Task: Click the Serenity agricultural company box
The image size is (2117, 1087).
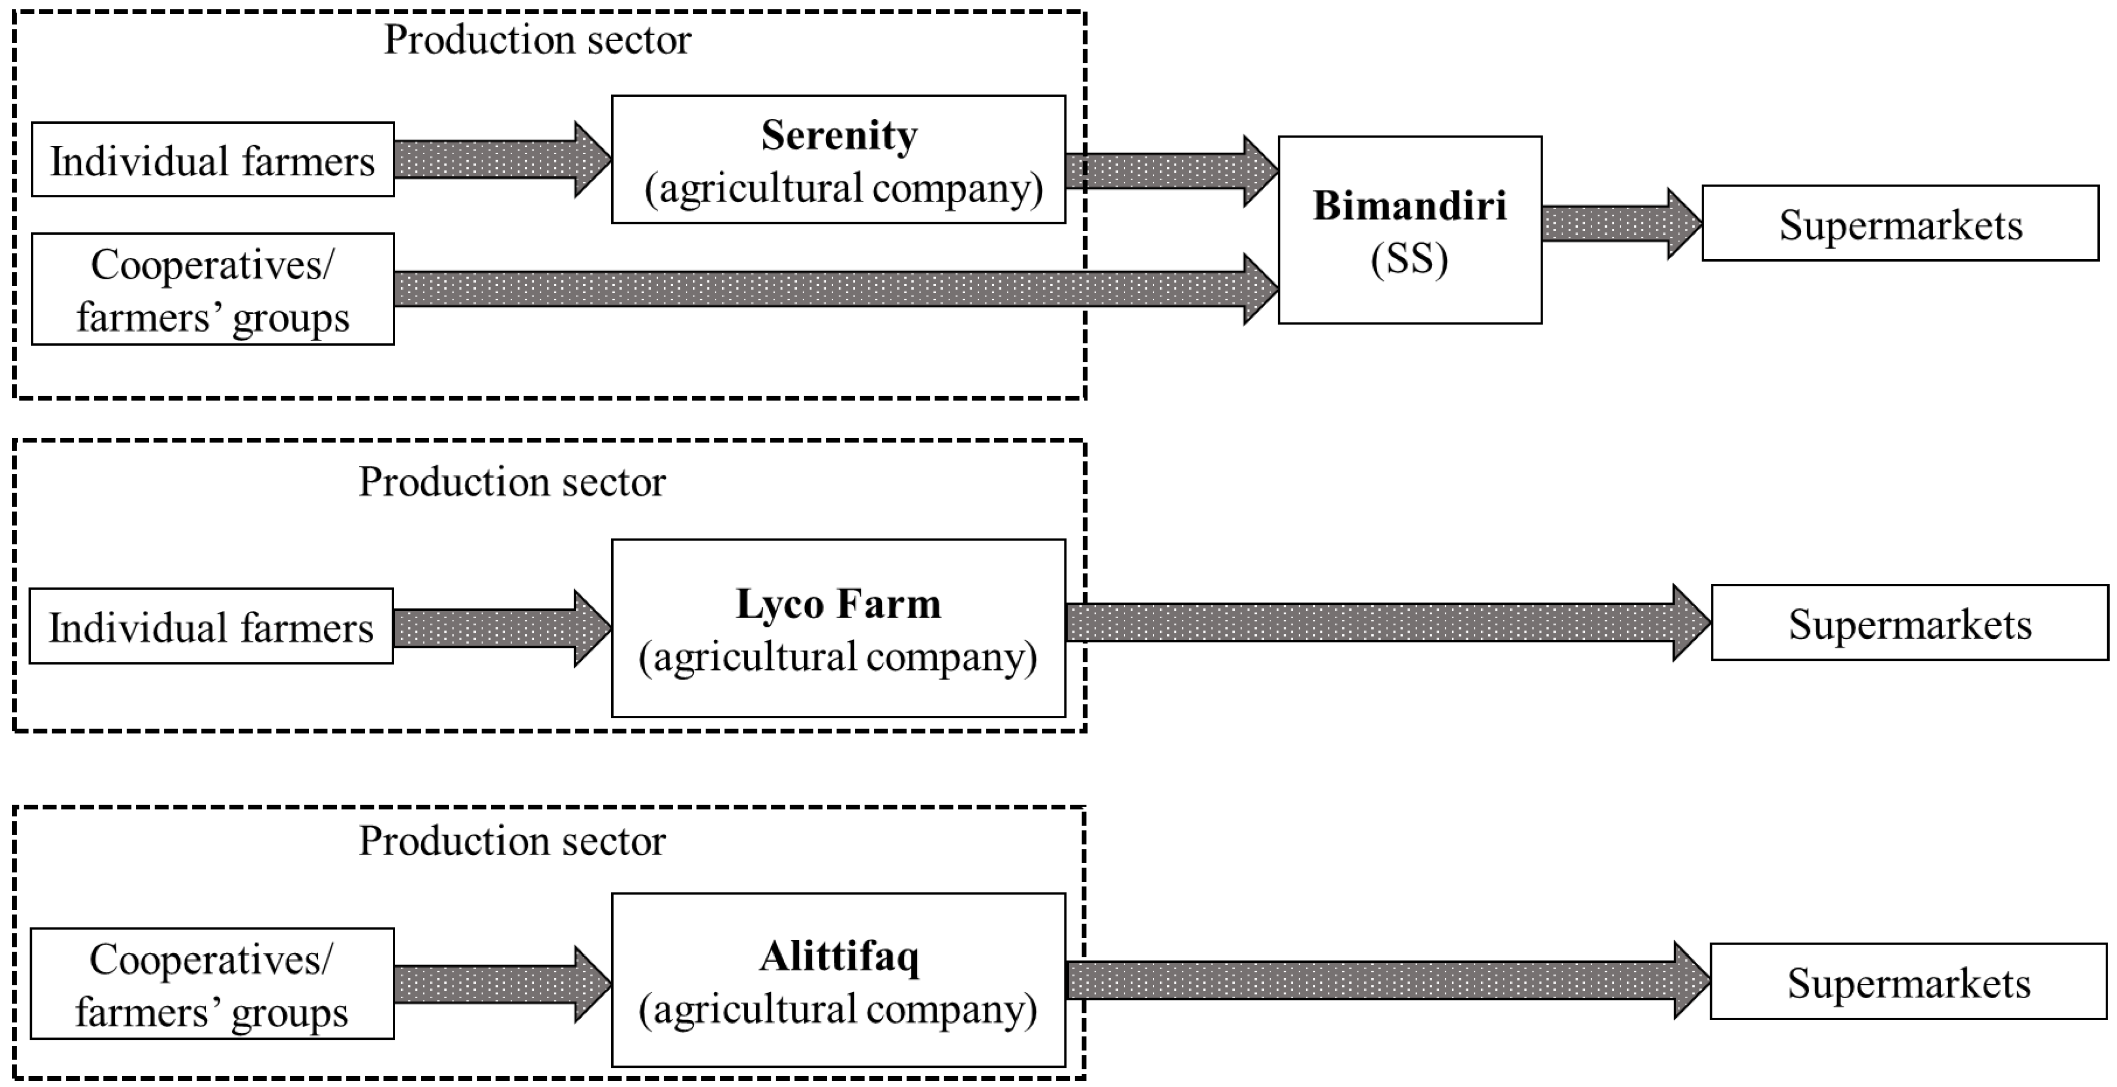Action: pos(838,160)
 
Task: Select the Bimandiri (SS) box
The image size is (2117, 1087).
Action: pos(1410,230)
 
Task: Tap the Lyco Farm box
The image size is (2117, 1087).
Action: pos(838,628)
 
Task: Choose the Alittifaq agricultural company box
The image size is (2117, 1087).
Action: pos(838,980)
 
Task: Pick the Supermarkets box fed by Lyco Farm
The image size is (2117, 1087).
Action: pos(1909,623)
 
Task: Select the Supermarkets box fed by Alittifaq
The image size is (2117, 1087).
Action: pos(1908,982)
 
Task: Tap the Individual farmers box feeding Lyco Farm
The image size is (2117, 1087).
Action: pos(211,626)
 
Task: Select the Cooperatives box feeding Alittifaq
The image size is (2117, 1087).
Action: pos(212,983)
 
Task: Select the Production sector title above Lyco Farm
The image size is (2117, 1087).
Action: pos(512,482)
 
